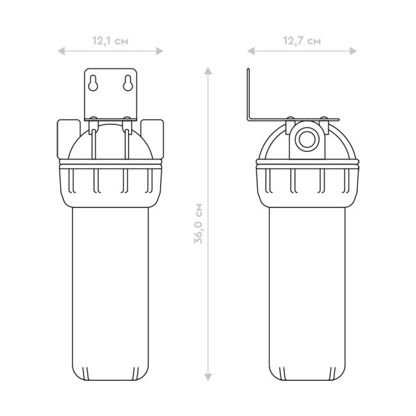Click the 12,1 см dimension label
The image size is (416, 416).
pos(110,41)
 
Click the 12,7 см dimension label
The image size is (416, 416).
pos(302,41)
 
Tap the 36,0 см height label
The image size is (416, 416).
pos(198,223)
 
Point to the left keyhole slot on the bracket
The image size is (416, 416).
pos(93,83)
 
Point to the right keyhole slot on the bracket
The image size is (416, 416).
pos(128,83)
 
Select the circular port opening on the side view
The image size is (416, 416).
pos(307,139)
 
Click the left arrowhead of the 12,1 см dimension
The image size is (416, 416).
pos(61,51)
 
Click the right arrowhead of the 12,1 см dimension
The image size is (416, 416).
pos(159,51)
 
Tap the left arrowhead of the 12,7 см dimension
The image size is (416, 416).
pos(251,51)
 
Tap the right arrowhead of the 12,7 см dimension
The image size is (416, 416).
pos(353,51)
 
